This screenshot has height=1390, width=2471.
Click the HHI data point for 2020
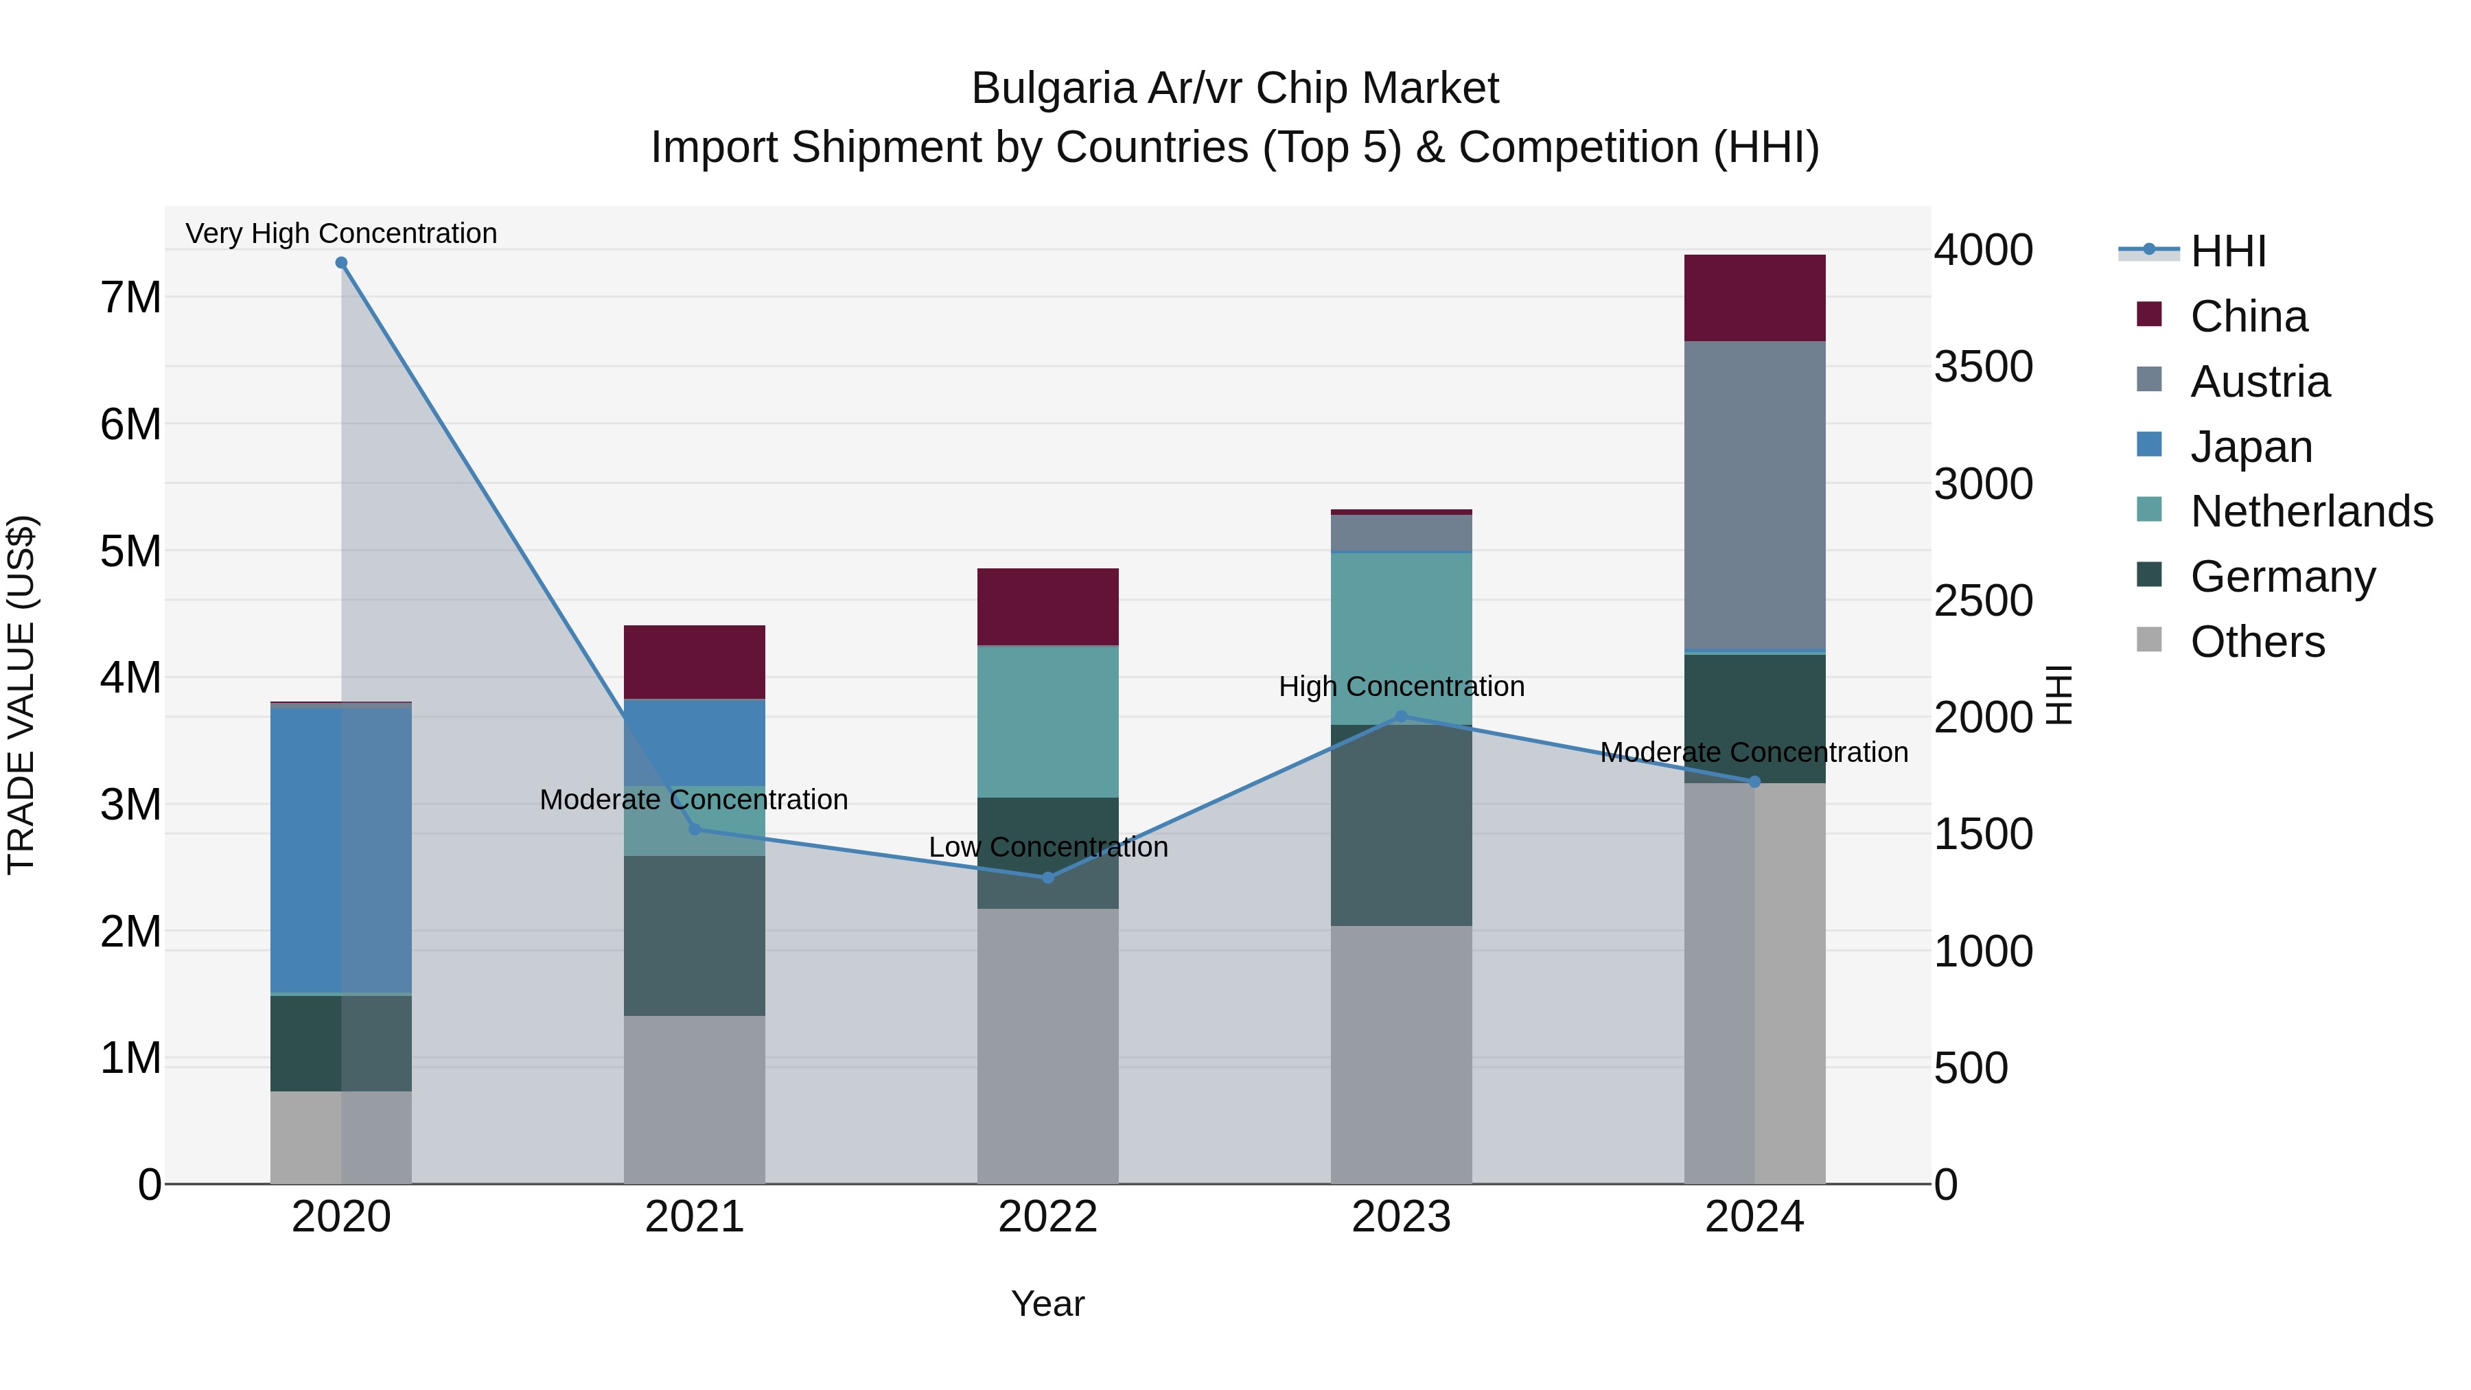click(342, 263)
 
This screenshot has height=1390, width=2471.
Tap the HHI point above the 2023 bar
click(1400, 717)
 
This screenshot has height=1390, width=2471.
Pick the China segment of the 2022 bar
click(1047, 607)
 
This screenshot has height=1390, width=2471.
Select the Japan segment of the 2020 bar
click(342, 849)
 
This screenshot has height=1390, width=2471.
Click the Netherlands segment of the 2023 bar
click(1400, 638)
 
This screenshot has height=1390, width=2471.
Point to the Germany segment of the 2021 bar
click(695, 936)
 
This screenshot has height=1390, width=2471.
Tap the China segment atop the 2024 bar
click(1754, 297)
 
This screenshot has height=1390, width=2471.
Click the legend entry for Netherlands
click(2311, 511)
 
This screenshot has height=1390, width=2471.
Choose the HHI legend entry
click(2227, 251)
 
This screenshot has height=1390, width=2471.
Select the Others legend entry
click(2257, 642)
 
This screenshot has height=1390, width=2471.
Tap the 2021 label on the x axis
click(695, 1217)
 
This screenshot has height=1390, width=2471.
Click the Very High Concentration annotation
click(342, 233)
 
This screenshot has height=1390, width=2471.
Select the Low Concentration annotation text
click(1047, 847)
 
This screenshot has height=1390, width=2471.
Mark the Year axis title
click(1047, 1304)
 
